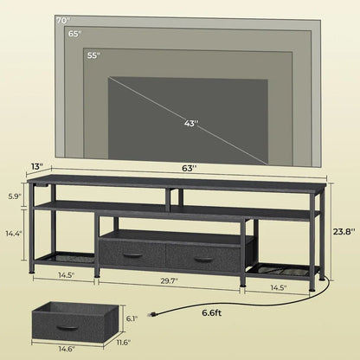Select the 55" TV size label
coord(93,55)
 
